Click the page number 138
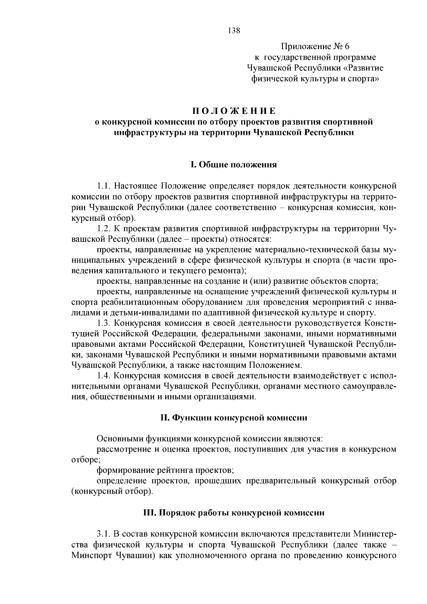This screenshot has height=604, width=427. (x=234, y=30)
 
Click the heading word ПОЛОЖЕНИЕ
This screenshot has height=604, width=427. (x=234, y=111)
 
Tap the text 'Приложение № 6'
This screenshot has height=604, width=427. (x=316, y=46)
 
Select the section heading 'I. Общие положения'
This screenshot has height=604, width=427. (x=233, y=164)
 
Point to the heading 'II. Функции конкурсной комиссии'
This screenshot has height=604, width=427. (x=234, y=417)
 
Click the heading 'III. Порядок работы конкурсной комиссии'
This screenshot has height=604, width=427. (x=234, y=513)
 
